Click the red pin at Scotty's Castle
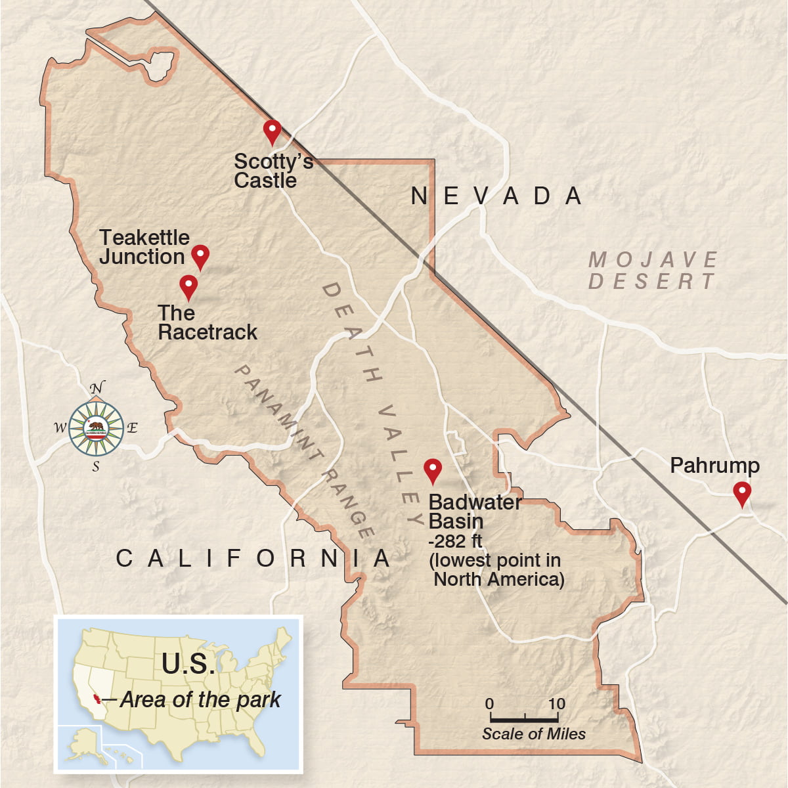tap(272, 129)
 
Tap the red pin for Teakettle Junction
tap(200, 255)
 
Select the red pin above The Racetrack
tap(188, 285)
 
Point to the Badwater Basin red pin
tap(432, 469)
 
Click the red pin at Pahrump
tap(742, 492)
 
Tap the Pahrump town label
tap(714, 466)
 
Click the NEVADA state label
tap(496, 196)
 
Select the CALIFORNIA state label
tap(253, 559)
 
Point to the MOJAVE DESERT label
tap(652, 270)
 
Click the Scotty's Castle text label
tap(273, 171)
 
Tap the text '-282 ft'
tap(455, 542)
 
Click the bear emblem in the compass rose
tap(96, 427)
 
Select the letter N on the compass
tap(97, 388)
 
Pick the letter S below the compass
tap(96, 468)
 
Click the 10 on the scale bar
tap(556, 704)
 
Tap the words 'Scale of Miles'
tap(533, 734)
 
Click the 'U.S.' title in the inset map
tap(188, 664)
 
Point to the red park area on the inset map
tap(97, 698)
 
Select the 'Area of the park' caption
tap(200, 700)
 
